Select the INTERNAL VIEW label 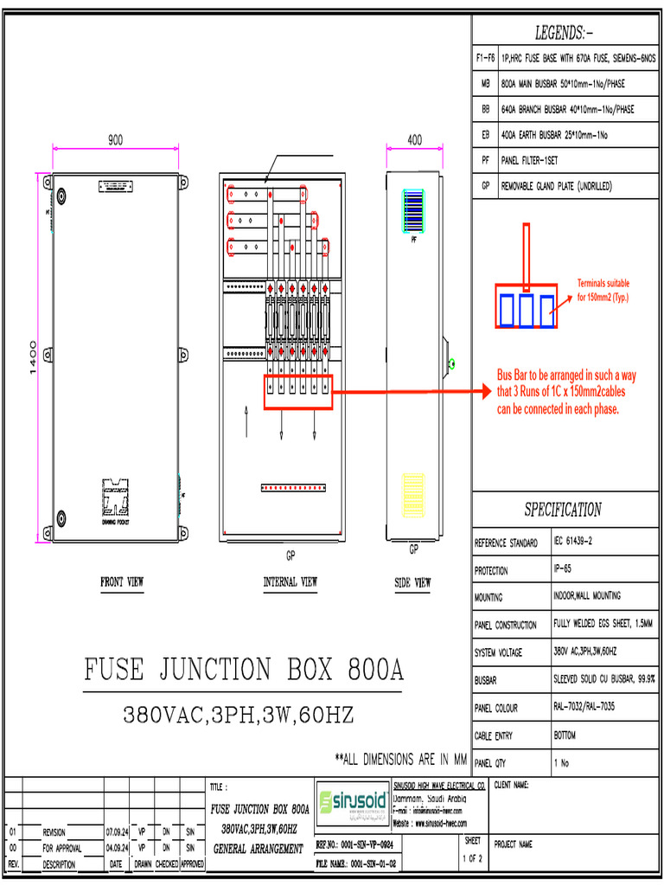click(x=290, y=583)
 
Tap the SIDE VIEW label click(x=412, y=583)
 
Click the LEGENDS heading click(x=564, y=34)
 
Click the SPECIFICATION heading click(x=563, y=510)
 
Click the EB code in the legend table click(x=485, y=136)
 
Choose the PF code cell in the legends click(x=485, y=161)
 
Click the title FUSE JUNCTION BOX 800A click(x=244, y=671)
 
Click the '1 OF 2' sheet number click(x=472, y=858)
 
